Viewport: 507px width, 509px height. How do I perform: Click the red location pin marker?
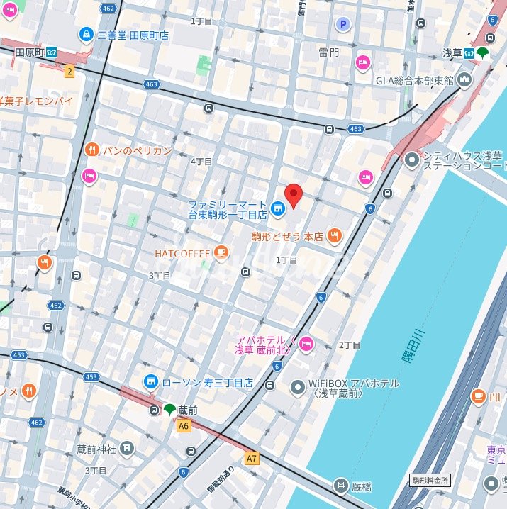[294, 194]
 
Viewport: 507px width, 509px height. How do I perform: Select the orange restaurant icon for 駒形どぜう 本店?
[335, 236]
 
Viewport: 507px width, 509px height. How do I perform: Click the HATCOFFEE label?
[182, 253]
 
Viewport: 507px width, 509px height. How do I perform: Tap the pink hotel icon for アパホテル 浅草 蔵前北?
[306, 345]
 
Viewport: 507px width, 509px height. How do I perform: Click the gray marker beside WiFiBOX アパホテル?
[297, 387]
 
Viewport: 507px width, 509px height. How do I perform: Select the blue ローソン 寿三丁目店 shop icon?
[150, 382]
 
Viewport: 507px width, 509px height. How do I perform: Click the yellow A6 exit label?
[184, 425]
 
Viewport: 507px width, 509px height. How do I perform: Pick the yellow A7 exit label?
[252, 459]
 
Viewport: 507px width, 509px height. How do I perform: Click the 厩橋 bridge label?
[360, 486]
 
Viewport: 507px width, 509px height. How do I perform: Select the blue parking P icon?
[344, 24]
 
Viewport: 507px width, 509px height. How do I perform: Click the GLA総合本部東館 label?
[414, 79]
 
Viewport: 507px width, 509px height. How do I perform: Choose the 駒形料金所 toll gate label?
[431, 480]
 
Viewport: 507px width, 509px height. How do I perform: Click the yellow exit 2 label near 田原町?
[69, 70]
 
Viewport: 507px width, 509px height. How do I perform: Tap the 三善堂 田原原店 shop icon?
[86, 34]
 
